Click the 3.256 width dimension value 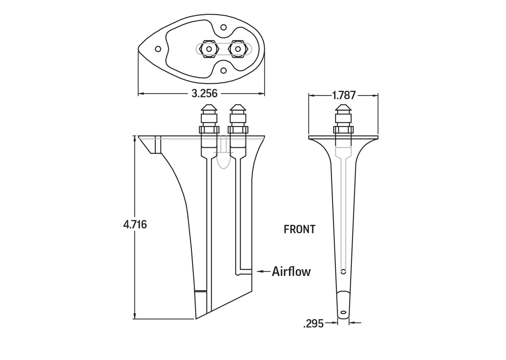pos(204,94)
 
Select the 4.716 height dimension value pos(135,225)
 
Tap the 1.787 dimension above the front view pos(344,95)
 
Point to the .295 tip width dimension pos(313,324)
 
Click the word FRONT pos(300,229)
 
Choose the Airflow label pos(291,271)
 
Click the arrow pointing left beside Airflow pos(263,271)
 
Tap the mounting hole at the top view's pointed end pos(158,49)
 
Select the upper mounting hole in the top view pos(223,27)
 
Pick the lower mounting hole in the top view pos(223,70)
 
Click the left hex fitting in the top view pos(209,49)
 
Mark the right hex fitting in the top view pos(238,49)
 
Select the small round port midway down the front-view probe pos(343,272)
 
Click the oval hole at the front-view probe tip pos(343,312)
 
